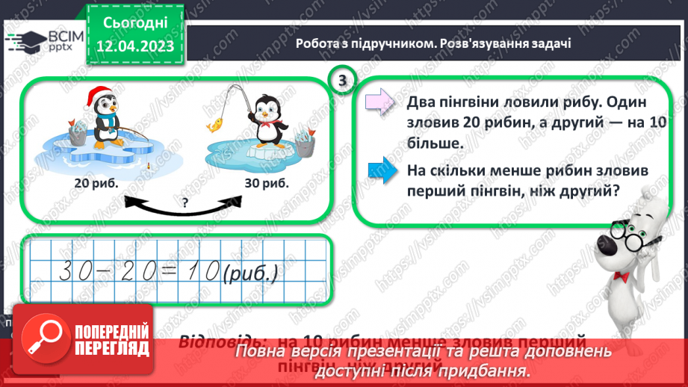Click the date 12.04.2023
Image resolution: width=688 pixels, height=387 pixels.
point(136,46)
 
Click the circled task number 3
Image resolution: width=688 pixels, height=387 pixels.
point(342,81)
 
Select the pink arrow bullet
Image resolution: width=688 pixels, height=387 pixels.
point(379,101)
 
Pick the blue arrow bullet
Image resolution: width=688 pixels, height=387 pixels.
point(379,170)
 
